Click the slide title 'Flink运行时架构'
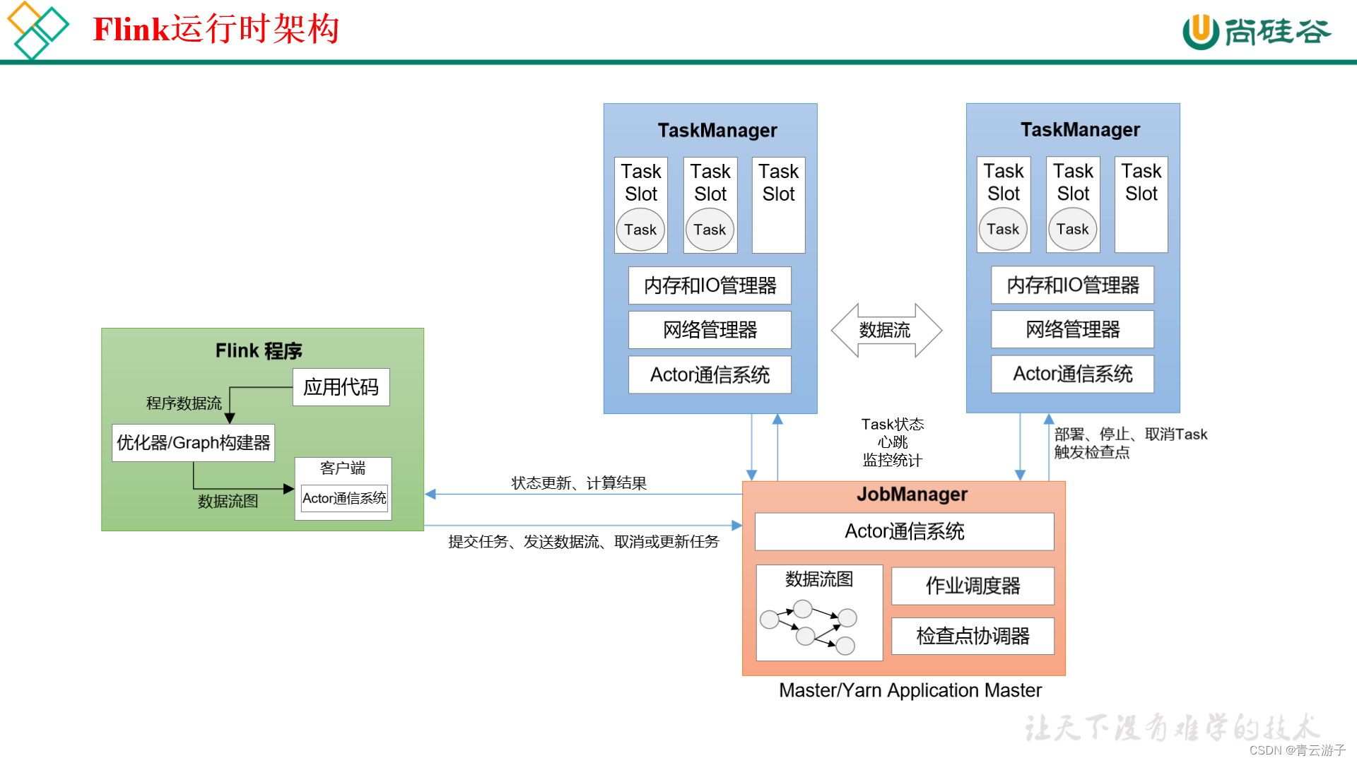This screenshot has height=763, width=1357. point(216,30)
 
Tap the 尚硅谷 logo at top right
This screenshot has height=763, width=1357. point(1257,32)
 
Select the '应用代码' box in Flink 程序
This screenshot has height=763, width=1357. point(341,387)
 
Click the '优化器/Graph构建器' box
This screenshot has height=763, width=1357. point(193,443)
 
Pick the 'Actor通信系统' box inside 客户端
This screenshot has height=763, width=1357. point(344,498)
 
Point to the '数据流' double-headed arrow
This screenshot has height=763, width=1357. point(886,330)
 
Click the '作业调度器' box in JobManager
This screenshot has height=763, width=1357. point(973,586)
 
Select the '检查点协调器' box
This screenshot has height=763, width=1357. point(973,636)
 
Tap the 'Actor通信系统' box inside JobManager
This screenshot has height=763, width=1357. point(904,531)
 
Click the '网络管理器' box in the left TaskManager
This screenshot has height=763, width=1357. point(710,330)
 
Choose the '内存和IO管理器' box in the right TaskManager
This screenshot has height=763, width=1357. point(1072,285)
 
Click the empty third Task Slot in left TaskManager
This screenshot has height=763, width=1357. point(778,223)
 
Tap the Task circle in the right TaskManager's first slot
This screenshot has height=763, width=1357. point(1002,229)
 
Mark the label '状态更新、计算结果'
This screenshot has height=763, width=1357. point(579,483)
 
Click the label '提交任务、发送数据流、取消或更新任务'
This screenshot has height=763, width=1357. point(583,542)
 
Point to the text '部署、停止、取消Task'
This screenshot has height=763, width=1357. point(1130,434)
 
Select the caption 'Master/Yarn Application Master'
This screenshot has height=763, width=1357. point(910,690)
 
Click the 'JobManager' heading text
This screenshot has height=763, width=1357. point(912,495)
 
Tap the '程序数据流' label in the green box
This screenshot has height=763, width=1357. point(184,403)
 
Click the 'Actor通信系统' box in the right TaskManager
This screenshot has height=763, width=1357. point(1072,374)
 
